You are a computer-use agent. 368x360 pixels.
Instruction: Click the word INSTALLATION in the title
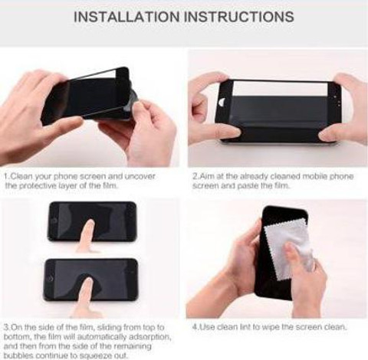pyautogui.click(x=127, y=17)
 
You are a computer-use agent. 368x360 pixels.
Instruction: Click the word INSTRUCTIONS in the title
pyautogui.click(x=239, y=17)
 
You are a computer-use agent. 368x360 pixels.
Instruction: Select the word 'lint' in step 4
pyautogui.click(x=245, y=327)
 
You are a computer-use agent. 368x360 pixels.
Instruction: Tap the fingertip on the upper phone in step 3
pyautogui.click(x=90, y=224)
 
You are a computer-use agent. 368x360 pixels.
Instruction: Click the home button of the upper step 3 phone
pyautogui.click(x=54, y=221)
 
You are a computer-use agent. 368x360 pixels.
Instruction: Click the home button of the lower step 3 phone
pyautogui.click(x=51, y=279)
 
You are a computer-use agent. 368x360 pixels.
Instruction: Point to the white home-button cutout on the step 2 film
pyautogui.click(x=222, y=102)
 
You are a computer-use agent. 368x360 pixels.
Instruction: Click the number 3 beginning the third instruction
pyautogui.click(x=6, y=327)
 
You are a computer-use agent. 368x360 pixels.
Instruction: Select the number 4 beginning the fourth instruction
pyautogui.click(x=195, y=327)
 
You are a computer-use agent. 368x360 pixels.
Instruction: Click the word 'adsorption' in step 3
pyautogui.click(x=149, y=337)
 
